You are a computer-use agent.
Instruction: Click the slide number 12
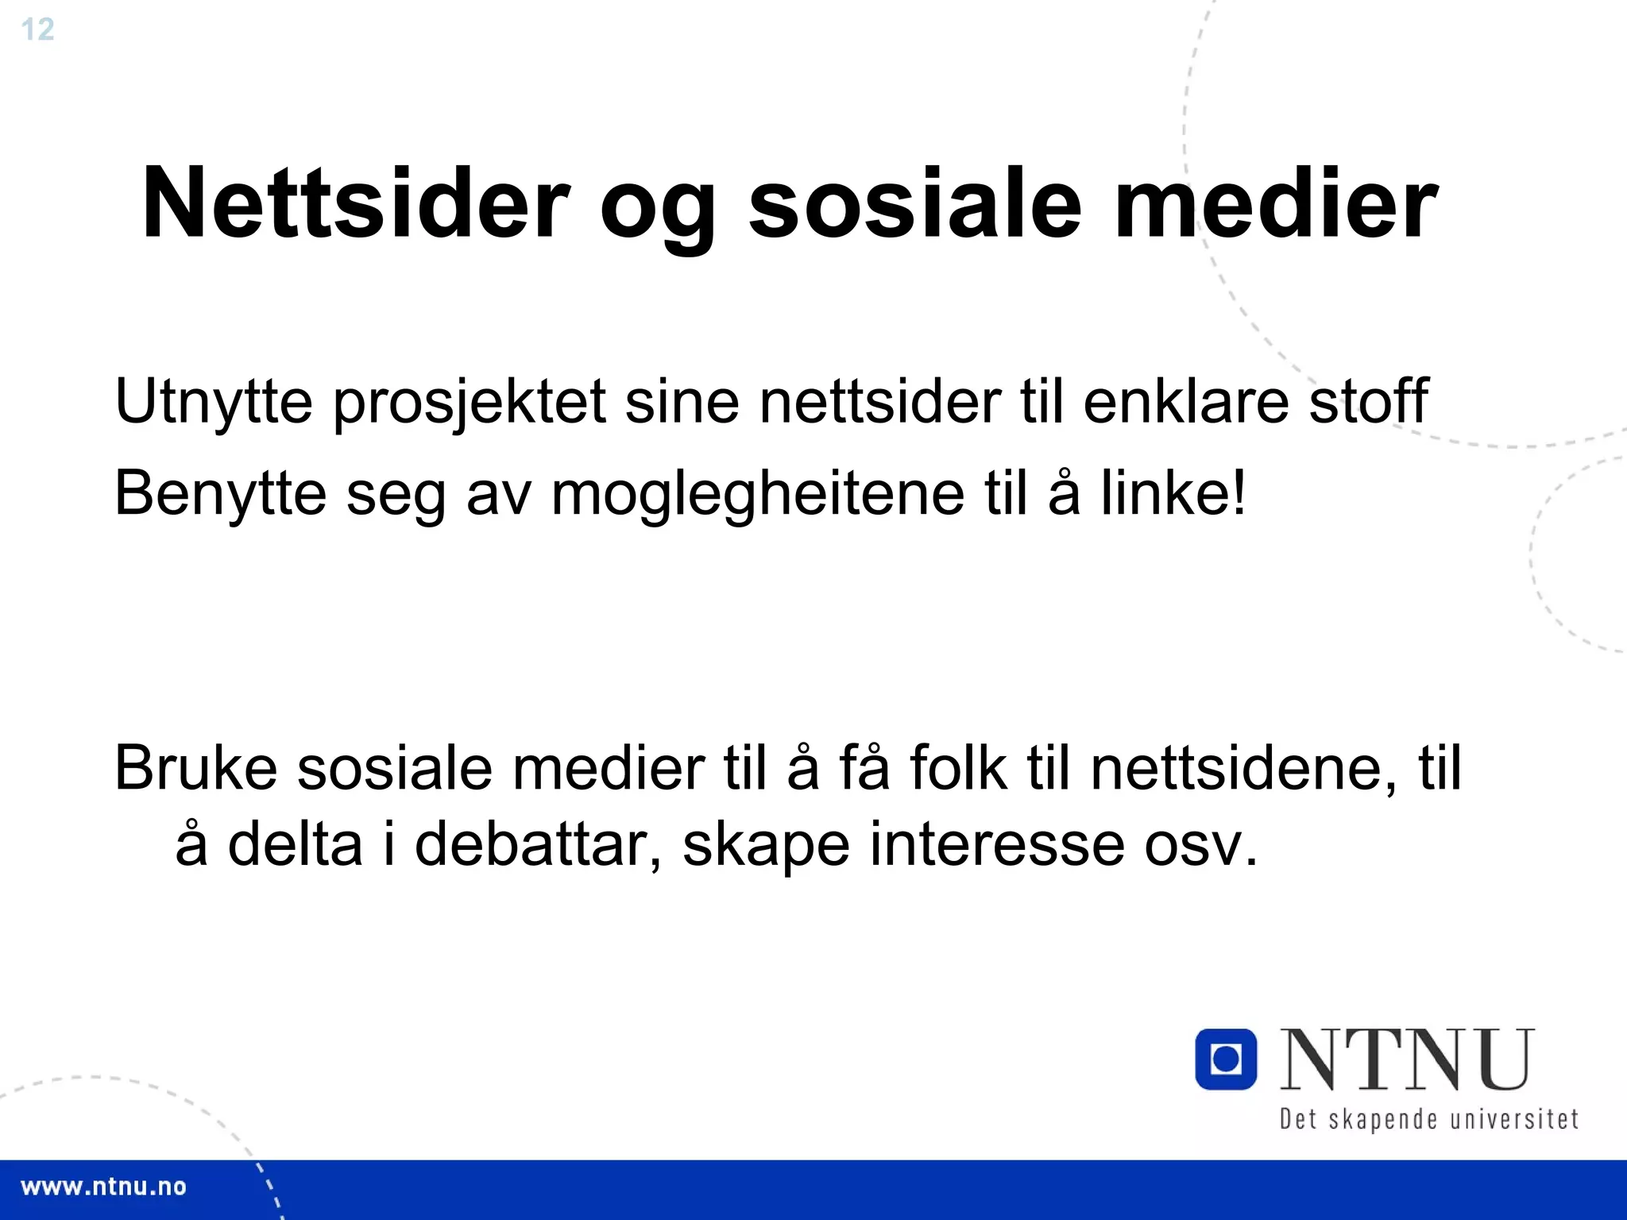coord(37,30)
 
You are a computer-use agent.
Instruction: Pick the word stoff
coord(1368,401)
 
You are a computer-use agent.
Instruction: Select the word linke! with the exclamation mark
coord(1173,492)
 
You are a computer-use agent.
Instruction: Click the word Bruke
coord(195,768)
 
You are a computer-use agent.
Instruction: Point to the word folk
coord(958,768)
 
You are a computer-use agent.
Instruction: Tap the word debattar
coord(538,844)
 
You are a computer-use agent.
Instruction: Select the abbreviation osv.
coord(1200,845)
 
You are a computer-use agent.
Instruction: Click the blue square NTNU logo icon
coord(1226,1059)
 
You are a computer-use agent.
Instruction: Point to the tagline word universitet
coord(1514,1119)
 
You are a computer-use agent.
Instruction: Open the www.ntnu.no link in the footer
coord(103,1187)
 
